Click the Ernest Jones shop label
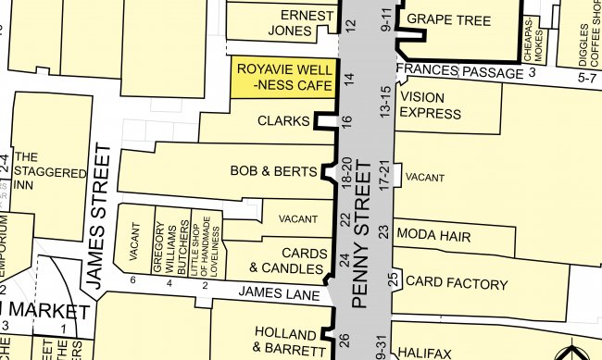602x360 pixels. pyautogui.click(x=307, y=24)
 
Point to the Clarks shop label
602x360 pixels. pyautogui.click(x=282, y=121)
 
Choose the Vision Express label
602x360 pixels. pyautogui.click(x=431, y=105)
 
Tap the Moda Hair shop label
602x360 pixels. pyautogui.click(x=434, y=236)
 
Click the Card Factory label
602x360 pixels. pyautogui.click(x=457, y=281)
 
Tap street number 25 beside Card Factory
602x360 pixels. pyautogui.click(x=393, y=279)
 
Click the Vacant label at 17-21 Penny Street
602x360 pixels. pyautogui.click(x=425, y=177)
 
